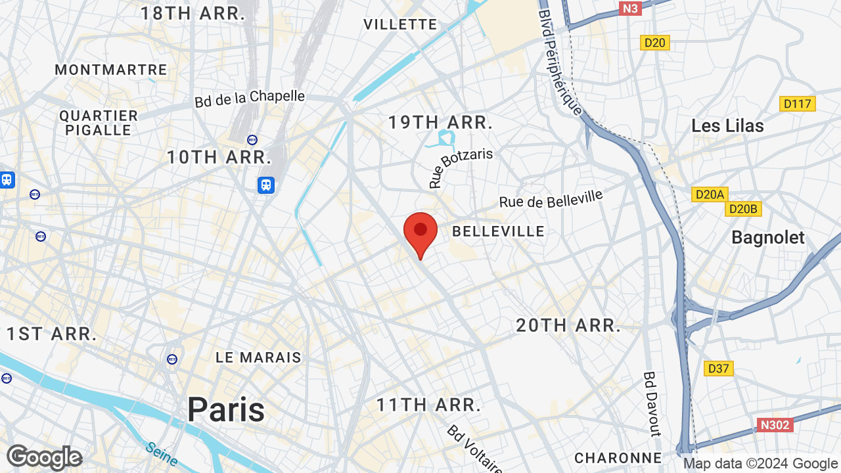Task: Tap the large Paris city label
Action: [x=226, y=410]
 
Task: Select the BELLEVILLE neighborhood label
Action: [x=499, y=231]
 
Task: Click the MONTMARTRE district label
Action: [x=111, y=70]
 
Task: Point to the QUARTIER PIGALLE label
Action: [x=99, y=123]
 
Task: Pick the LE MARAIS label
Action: [x=258, y=357]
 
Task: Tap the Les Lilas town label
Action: [x=727, y=125]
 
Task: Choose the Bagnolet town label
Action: [x=767, y=237]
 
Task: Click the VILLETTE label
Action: [x=400, y=24]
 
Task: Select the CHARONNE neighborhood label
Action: [x=618, y=457]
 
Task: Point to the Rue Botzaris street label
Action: [x=461, y=168]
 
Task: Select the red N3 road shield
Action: [x=630, y=8]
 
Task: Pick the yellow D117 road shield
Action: [x=798, y=104]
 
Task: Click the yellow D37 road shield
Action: [x=718, y=369]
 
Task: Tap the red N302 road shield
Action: [x=775, y=425]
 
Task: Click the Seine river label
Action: [x=161, y=454]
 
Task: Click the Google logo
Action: [x=44, y=457]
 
